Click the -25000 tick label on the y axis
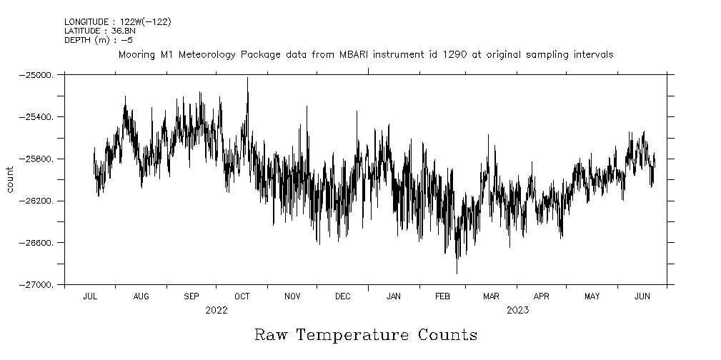pyautogui.click(x=39, y=74)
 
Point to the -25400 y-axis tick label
pyautogui.click(x=39, y=116)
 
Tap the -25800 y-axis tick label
pyautogui.click(x=39, y=159)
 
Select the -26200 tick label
pyautogui.click(x=39, y=201)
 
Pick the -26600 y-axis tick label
pyautogui.click(x=39, y=243)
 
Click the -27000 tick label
pyautogui.click(x=39, y=285)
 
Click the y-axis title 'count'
pyautogui.click(x=10, y=179)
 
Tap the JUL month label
pyautogui.click(x=91, y=296)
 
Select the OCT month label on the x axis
pyautogui.click(x=242, y=296)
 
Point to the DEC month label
pyautogui.click(x=343, y=296)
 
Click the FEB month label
pyautogui.click(x=443, y=296)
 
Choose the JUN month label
pyautogui.click(x=642, y=296)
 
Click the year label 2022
pyautogui.click(x=216, y=310)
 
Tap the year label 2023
pyautogui.click(x=517, y=310)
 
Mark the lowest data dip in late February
pyautogui.click(x=457, y=273)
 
